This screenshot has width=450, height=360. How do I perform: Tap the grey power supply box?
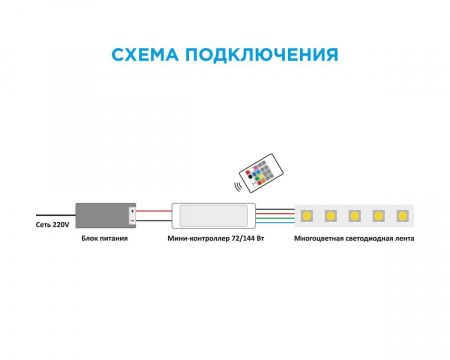pos(103,211)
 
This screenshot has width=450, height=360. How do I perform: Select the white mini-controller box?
pos(213,213)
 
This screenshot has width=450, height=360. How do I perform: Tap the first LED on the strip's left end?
pos(306,213)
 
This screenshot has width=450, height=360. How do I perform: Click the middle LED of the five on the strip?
pos(355,213)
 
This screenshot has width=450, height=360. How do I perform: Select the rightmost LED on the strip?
pos(403,213)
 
